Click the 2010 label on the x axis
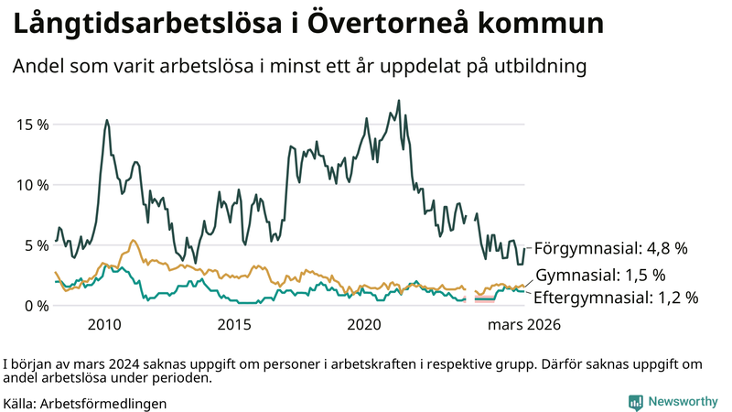click(104, 325)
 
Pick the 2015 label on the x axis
click(234, 325)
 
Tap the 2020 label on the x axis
click(364, 325)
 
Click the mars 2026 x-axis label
click(523, 325)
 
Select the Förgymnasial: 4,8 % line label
click(610, 248)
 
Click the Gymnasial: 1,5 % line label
click(599, 276)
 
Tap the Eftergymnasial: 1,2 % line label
click(615, 298)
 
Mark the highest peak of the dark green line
click(399, 101)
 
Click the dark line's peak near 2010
click(107, 120)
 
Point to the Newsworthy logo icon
click(635, 402)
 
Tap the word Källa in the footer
click(19, 403)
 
